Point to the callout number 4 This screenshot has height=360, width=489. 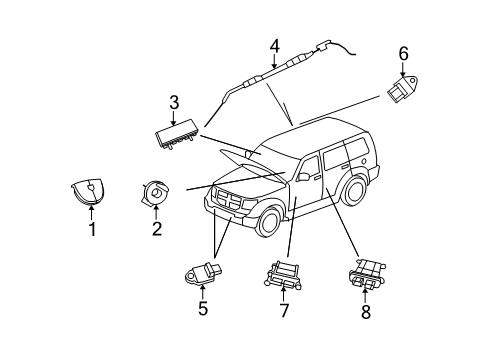tap(274, 43)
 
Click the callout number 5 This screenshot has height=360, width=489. tap(202, 309)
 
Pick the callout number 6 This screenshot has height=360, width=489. tap(403, 52)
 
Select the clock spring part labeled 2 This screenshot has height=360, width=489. tap(156, 190)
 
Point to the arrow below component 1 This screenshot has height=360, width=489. tap(91, 213)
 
